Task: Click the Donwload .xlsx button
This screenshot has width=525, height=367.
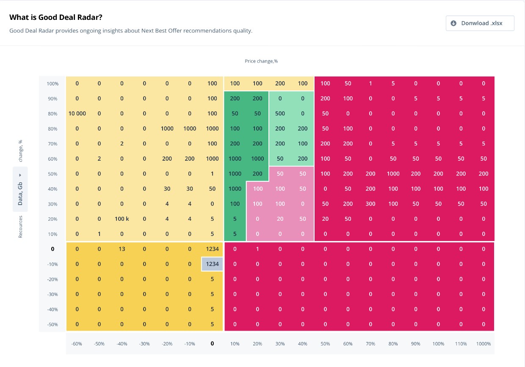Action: (480, 23)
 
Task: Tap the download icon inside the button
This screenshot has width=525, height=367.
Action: (453, 23)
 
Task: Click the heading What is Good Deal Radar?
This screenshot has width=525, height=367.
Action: (56, 17)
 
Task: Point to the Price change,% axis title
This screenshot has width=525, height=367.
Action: (261, 61)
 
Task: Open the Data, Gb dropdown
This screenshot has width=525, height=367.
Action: (20, 189)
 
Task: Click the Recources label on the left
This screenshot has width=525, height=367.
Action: (20, 227)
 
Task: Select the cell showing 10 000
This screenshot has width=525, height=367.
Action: (77, 113)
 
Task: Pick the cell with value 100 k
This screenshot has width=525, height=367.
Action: (122, 219)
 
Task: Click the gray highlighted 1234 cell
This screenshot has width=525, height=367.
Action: (212, 264)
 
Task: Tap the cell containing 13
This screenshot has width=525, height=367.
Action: (122, 249)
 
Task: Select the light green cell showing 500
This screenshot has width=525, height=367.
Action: (280, 113)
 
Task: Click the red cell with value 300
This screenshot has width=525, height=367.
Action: (370, 204)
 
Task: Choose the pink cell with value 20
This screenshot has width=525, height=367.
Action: (280, 219)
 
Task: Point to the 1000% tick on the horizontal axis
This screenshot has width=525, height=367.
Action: (483, 344)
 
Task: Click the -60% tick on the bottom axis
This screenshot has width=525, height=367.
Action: (77, 344)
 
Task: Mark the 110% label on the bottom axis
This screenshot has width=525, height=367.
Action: (461, 344)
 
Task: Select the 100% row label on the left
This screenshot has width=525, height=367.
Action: (52, 84)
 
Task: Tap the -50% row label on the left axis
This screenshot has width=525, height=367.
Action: (52, 325)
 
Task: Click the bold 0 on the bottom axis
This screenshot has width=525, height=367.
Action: (212, 344)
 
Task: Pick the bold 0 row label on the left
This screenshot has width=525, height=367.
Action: (52, 249)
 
